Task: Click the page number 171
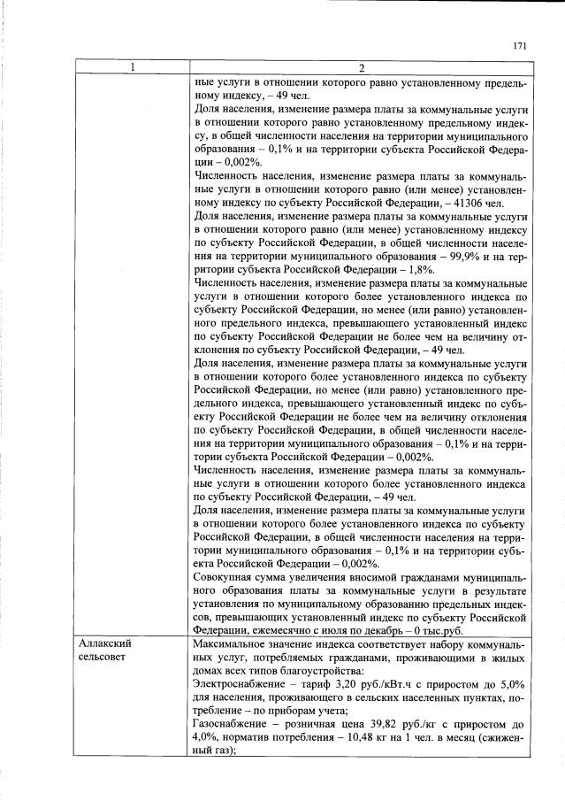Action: [x=519, y=46]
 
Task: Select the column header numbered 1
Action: [x=133, y=68]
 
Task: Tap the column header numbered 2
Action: [x=360, y=68]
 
